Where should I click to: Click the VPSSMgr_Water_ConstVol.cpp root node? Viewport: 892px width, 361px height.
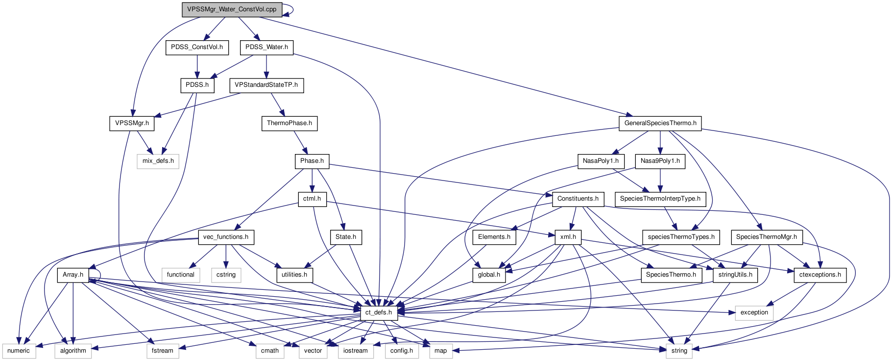click(x=232, y=9)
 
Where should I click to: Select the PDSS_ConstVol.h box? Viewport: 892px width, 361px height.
click(x=197, y=47)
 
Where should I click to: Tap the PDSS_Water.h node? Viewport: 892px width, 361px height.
click(x=266, y=47)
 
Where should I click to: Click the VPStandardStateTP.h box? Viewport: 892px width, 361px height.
click(x=266, y=85)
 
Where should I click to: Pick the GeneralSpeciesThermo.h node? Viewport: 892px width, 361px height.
click(x=660, y=123)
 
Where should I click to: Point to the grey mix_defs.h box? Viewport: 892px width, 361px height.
click(x=158, y=161)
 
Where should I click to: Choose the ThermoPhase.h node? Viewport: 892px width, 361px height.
click(x=289, y=123)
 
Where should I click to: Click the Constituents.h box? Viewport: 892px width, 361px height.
click(x=578, y=199)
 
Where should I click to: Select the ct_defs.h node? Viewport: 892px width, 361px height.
click(x=378, y=312)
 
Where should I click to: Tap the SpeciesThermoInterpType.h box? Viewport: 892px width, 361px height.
click(x=660, y=199)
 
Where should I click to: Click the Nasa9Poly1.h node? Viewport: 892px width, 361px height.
click(x=660, y=161)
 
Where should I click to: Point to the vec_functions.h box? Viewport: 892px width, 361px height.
click(x=225, y=237)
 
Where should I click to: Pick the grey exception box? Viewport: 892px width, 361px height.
click(x=754, y=312)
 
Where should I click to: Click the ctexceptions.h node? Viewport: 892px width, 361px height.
click(x=820, y=275)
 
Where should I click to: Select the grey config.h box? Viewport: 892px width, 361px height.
click(x=401, y=351)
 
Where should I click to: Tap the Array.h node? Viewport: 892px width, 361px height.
click(x=72, y=275)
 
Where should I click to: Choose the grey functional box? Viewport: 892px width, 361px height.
click(x=180, y=275)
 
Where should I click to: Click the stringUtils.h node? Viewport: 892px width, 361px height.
click(x=735, y=275)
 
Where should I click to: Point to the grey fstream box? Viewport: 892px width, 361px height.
click(x=162, y=351)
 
